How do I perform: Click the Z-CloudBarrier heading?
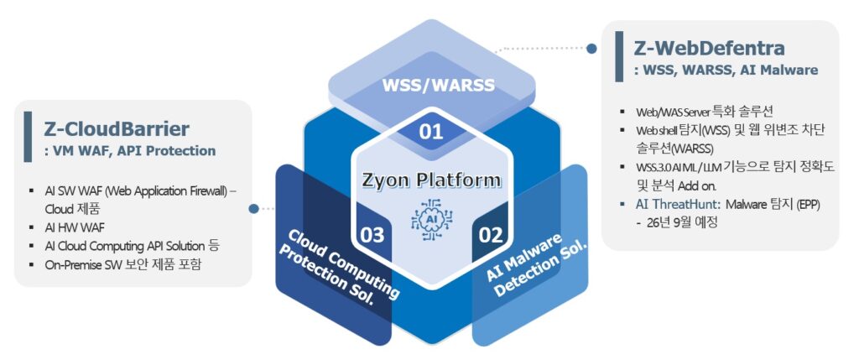[117, 128]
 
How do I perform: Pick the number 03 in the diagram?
[372, 233]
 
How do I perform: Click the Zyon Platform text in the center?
[431, 180]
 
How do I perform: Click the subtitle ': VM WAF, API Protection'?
[129, 151]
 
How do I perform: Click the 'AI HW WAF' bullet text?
[76, 227]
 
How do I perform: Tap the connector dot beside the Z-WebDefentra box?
[591, 49]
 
